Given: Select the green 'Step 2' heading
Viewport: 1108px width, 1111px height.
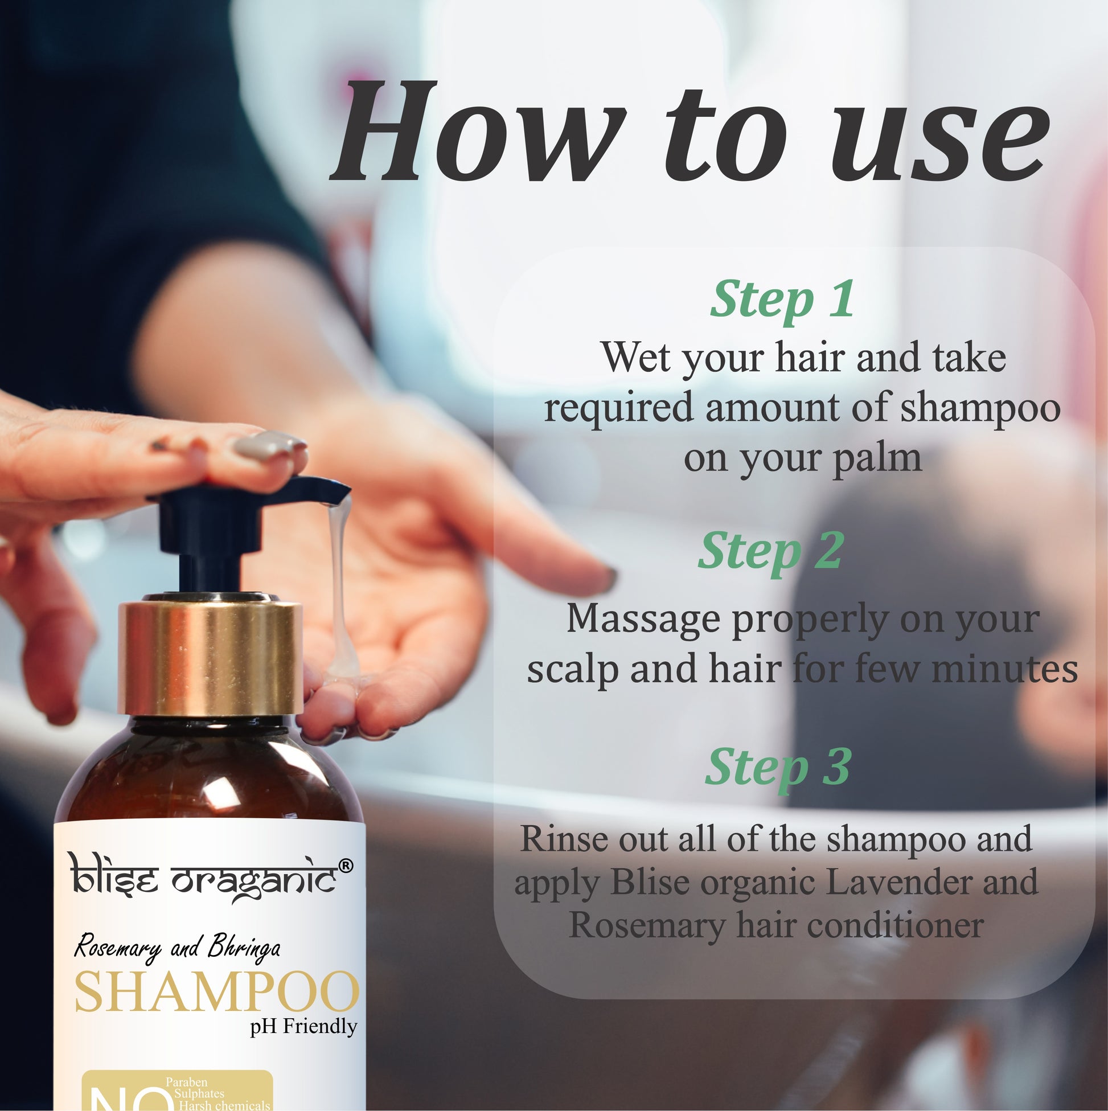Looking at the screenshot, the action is (x=770, y=552).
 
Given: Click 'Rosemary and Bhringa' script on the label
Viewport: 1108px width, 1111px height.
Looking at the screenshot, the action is (x=178, y=948).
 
